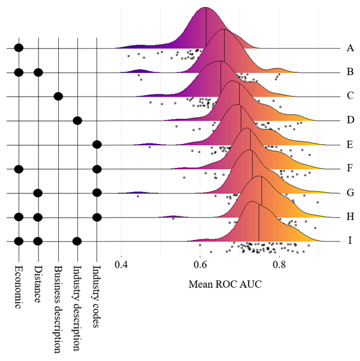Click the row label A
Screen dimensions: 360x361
pyautogui.click(x=350, y=48)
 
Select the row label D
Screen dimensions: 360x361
pyautogui.click(x=350, y=120)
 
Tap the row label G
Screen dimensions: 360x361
pyautogui.click(x=350, y=193)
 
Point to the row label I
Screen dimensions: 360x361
pyautogui.click(x=350, y=241)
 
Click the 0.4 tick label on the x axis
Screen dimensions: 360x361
pyautogui.click(x=121, y=265)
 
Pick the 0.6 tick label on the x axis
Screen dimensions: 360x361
pyautogui.click(x=200, y=265)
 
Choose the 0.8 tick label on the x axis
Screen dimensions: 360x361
pyautogui.click(x=279, y=265)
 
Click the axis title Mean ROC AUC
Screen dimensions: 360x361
pyautogui.click(x=225, y=284)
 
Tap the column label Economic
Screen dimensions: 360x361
pyautogui.click(x=19, y=287)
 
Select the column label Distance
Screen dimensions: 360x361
pyautogui.click(x=38, y=284)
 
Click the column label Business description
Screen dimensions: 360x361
pyautogui.click(x=58, y=309)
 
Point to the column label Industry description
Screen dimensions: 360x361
pyautogui.click(x=77, y=308)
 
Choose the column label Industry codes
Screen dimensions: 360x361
pyautogui.click(x=97, y=296)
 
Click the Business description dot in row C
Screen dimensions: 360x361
pyautogui.click(x=58, y=96)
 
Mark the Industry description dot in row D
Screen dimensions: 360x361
pyautogui.click(x=77, y=120)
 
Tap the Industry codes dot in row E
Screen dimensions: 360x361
pyautogui.click(x=97, y=145)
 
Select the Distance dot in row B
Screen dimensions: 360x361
pyautogui.click(x=38, y=72)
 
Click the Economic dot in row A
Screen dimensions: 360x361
pyautogui.click(x=19, y=48)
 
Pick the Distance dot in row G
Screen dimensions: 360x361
pyautogui.click(x=38, y=193)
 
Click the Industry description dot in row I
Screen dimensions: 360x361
pyautogui.click(x=77, y=241)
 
